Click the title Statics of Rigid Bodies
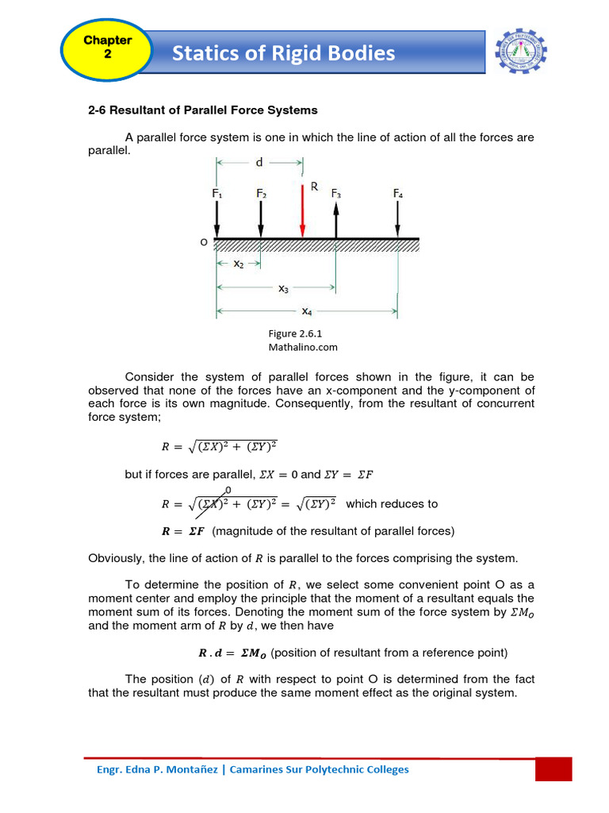(283, 53)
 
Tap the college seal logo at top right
(521, 52)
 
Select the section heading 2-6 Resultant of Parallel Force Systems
(202, 110)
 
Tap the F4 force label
(398, 193)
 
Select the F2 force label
(262, 193)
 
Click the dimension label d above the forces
(259, 163)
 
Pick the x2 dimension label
(238, 263)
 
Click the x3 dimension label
(283, 289)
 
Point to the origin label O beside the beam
(204, 241)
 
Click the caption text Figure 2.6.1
(293, 334)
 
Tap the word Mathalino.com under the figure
(304, 347)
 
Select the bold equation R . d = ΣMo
(232, 653)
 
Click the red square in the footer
(553, 769)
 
